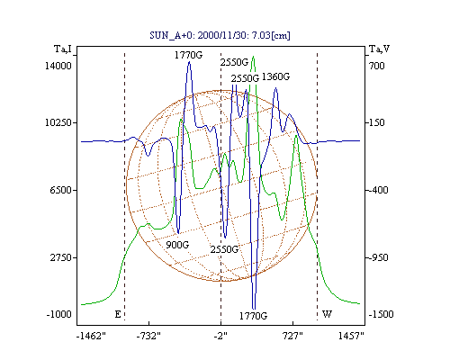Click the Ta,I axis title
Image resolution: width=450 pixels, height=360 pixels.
tap(63, 49)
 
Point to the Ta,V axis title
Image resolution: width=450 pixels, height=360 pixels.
tap(379, 49)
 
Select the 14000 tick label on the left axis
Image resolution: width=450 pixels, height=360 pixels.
tap(58, 66)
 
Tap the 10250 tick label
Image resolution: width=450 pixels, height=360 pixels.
tap(58, 122)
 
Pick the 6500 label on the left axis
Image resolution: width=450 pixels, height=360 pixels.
tap(61, 190)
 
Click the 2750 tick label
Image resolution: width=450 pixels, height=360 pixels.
tap(61, 257)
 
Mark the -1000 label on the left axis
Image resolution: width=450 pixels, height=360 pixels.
tap(59, 314)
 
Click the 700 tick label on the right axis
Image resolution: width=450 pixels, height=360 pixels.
tap(376, 66)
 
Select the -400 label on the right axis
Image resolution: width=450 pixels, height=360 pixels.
tap(378, 190)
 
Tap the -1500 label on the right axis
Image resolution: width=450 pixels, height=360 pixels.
tap(381, 314)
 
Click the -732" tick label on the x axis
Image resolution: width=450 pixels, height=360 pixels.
tap(148, 337)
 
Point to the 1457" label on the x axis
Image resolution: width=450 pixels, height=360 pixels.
tap(351, 337)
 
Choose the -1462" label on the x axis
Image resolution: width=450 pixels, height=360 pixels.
tap(91, 337)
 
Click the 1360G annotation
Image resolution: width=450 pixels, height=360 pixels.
tap(275, 77)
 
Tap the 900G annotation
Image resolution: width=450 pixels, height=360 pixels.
tap(177, 245)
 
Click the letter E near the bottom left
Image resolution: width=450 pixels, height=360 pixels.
tap(118, 314)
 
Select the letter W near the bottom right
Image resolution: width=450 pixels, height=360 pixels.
tap(327, 314)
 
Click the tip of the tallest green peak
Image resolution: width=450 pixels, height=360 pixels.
tap(254, 57)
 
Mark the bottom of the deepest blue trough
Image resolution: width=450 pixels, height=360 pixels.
tap(254, 309)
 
